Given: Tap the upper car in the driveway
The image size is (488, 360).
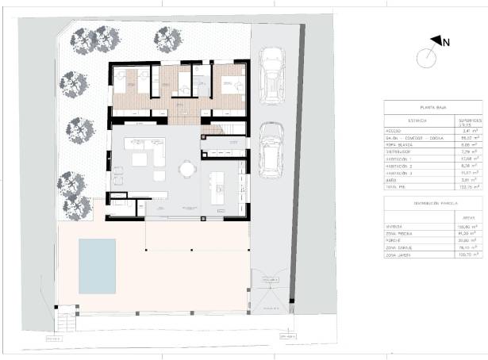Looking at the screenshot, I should (271, 75).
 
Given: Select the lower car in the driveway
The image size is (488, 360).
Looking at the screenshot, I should (271, 151).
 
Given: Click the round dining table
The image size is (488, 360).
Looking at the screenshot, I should (187, 168).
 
